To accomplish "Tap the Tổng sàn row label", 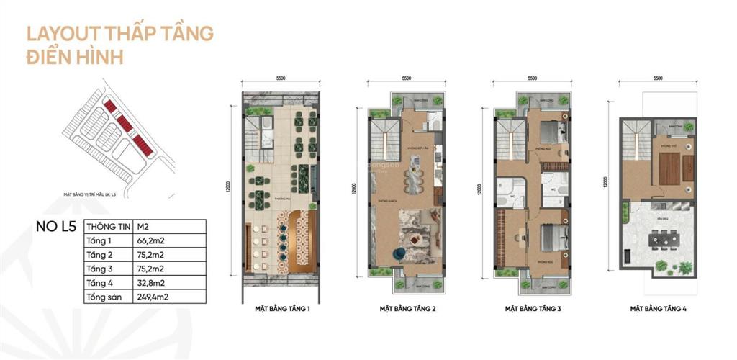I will click(x=103, y=296).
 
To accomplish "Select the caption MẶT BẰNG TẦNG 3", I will click(x=533, y=309).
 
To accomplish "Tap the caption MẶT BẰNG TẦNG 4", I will click(x=656, y=309).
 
